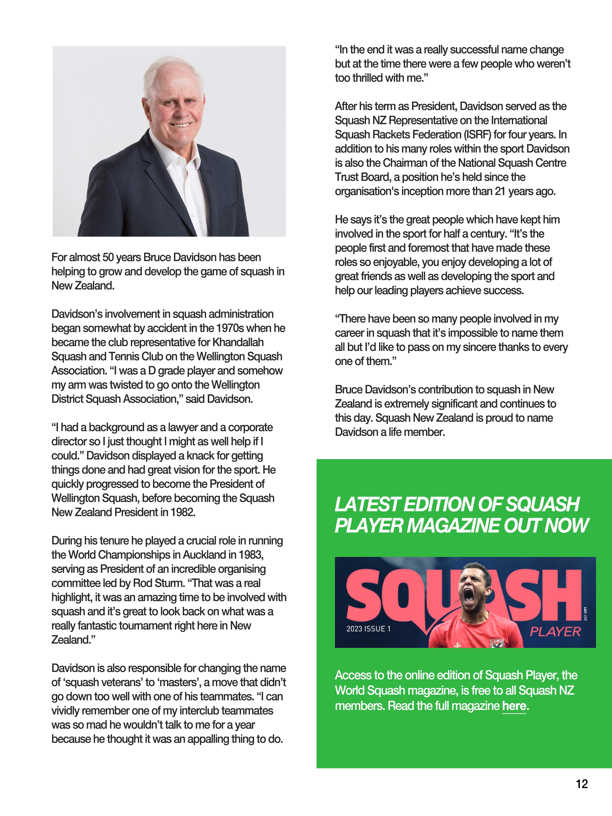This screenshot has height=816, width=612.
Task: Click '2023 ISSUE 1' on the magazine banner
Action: click(x=368, y=629)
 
